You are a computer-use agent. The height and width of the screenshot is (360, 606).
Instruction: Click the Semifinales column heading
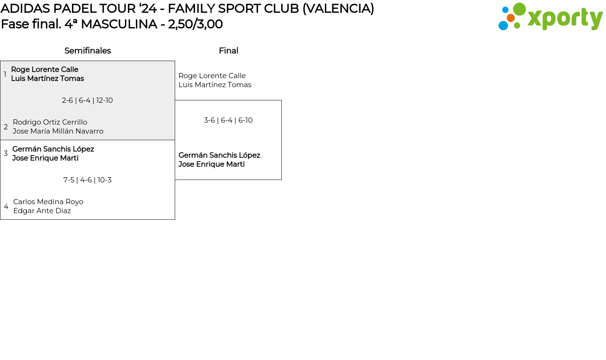coord(88,51)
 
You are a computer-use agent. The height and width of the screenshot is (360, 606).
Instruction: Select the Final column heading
coord(228,51)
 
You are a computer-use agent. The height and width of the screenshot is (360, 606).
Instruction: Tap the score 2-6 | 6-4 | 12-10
coord(87,100)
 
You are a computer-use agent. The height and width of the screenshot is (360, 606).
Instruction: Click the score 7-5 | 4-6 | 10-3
coord(87,180)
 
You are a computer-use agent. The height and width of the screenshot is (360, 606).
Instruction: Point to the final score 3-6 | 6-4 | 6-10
coord(228,120)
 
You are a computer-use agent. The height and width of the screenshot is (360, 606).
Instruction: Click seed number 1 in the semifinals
coord(5,74)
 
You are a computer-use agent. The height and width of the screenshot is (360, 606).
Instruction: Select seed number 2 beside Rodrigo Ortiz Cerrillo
coord(6,127)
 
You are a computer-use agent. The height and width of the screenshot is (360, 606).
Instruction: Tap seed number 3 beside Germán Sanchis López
coord(6,153)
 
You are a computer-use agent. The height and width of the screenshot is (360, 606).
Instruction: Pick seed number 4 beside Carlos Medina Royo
coord(6,207)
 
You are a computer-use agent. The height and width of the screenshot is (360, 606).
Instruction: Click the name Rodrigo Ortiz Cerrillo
coord(50,122)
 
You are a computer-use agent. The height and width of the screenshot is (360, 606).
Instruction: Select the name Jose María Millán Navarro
coord(58,131)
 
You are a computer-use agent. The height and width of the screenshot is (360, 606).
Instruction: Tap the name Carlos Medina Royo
coord(48,202)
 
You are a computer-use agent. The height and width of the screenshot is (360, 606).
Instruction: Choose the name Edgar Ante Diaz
coord(42,211)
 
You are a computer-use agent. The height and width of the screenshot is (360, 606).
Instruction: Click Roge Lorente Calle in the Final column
coord(212,76)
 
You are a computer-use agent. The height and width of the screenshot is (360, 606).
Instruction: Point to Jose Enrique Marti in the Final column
coord(211,164)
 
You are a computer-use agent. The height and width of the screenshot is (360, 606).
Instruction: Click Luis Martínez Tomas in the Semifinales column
coord(47,79)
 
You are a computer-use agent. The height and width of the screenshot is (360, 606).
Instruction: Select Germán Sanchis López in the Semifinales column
coord(53,149)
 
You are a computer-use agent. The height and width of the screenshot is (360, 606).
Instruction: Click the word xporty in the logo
coord(565,18)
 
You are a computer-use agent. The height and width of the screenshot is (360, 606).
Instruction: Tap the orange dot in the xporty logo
coord(510,18)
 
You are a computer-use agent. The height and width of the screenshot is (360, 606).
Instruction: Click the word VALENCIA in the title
coord(338,9)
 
